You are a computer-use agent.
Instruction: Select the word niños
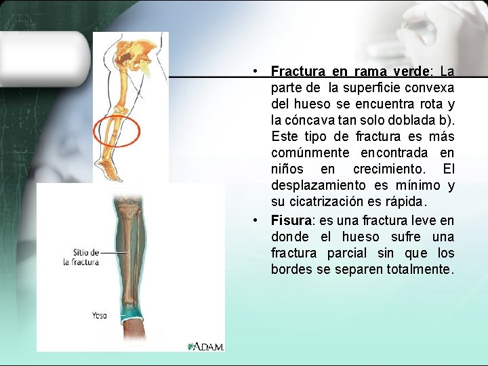pyautogui.click(x=287, y=169)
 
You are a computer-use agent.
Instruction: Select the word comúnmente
pyautogui.click(x=310, y=153)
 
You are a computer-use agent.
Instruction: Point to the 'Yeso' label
pyautogui.click(x=99, y=315)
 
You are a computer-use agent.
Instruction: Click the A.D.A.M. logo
pyautogui.click(x=205, y=346)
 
